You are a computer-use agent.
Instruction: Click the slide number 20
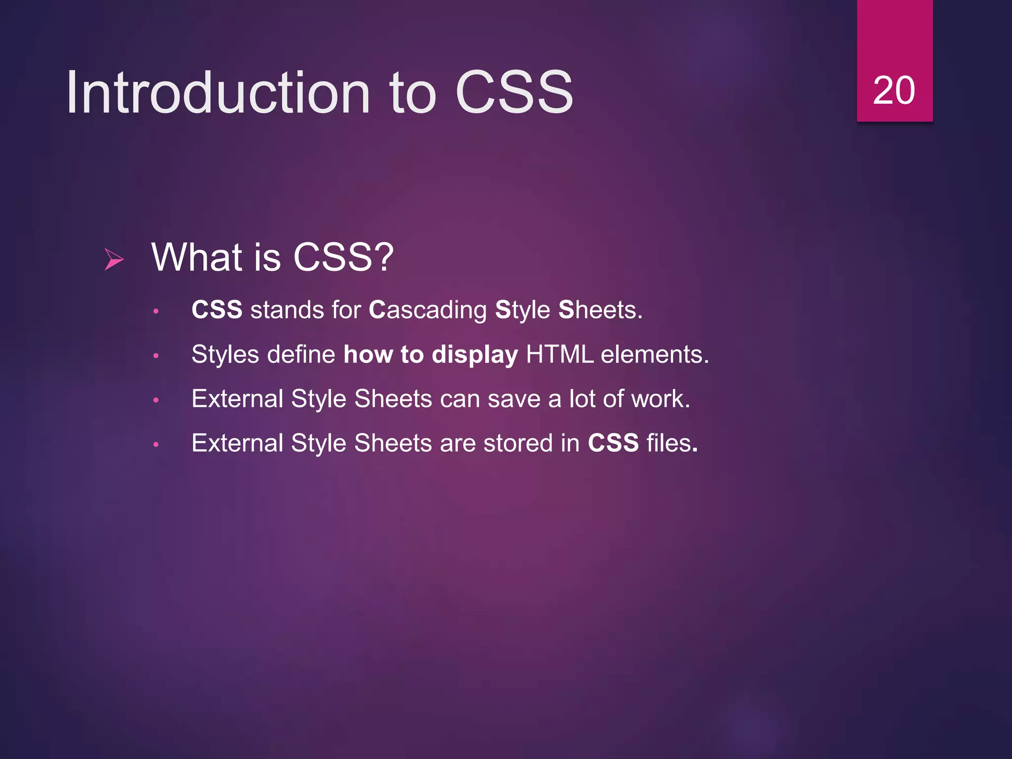[893, 90]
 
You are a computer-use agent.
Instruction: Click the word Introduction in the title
[217, 92]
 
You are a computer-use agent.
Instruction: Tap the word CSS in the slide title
[514, 92]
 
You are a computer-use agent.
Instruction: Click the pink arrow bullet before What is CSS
[114, 259]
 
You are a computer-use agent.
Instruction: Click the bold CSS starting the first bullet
[217, 310]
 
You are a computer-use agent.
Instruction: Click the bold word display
[474, 355]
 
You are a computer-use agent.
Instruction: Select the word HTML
[559, 354]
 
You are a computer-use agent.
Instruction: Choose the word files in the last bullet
[669, 443]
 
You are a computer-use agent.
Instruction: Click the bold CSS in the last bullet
[613, 443]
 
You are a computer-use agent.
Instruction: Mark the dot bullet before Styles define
[156, 356]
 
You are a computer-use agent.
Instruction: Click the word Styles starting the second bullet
[225, 355]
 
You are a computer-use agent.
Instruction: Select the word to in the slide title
[413, 92]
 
